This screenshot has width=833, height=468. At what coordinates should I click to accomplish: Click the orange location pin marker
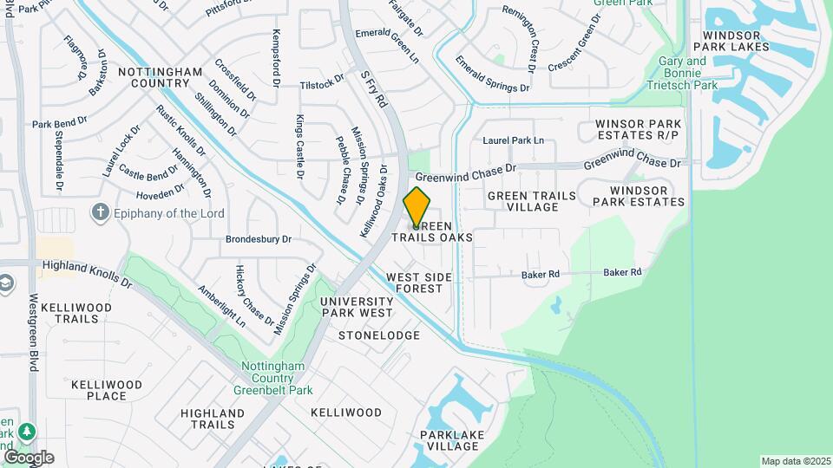pos(417,206)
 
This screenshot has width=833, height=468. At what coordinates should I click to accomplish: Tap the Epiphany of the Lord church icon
pos(102,212)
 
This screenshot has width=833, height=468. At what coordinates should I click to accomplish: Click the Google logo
pos(28,457)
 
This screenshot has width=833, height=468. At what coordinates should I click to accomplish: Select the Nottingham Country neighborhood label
pos(160,77)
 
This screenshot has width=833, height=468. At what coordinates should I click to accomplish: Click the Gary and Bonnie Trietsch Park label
pos(688,74)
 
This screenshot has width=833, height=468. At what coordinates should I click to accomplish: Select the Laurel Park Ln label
pos(513,140)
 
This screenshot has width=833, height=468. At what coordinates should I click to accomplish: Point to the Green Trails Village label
pos(531,201)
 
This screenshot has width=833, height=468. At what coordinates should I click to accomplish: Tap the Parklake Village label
pos(449,440)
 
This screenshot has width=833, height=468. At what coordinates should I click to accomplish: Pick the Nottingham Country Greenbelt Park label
pos(272,378)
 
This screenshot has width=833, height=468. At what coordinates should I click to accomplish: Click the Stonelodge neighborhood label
pos(379,335)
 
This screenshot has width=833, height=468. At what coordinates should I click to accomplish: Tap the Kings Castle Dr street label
pos(301,146)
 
